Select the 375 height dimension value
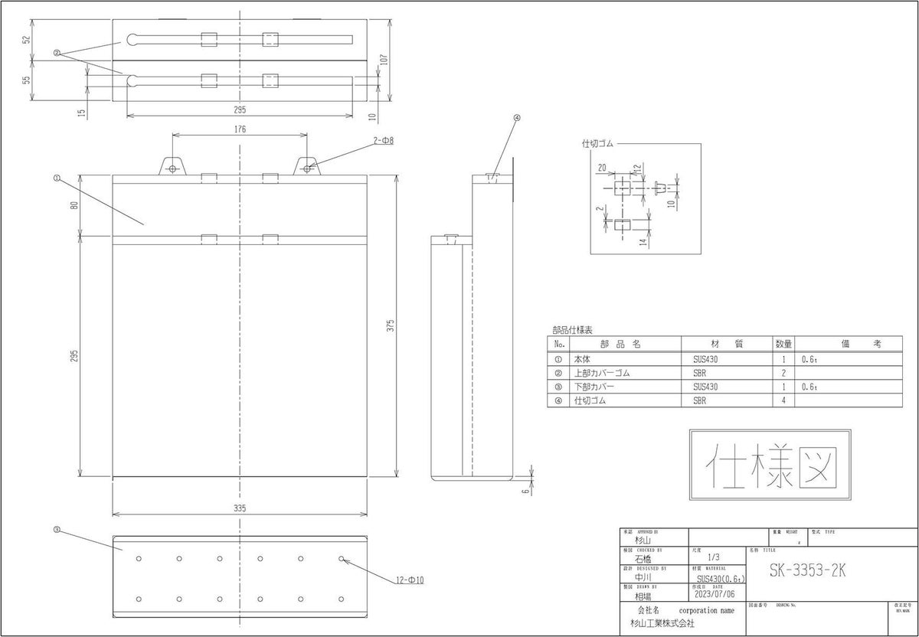[x=389, y=325]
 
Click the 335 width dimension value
[x=240, y=508]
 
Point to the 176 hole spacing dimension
[x=240, y=129]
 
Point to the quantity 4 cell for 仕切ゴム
[x=783, y=400]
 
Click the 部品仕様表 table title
[x=572, y=331]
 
